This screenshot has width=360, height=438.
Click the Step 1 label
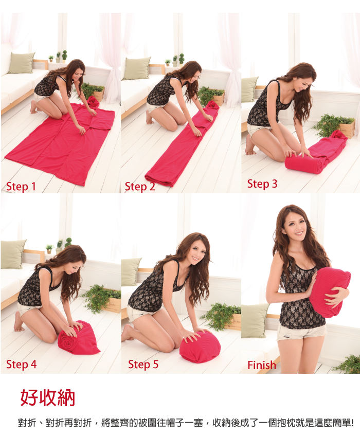(x=21, y=187)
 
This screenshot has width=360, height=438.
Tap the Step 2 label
(x=140, y=187)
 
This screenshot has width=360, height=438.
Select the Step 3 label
(x=262, y=184)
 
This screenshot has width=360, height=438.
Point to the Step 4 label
(x=21, y=364)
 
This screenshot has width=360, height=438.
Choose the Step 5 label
(x=143, y=364)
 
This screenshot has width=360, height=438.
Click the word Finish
(x=262, y=365)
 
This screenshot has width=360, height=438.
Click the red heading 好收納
(x=48, y=397)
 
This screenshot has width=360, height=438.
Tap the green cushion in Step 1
(x=22, y=63)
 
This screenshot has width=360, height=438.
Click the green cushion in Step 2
(x=137, y=68)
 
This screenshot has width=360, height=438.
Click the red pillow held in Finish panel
(x=330, y=292)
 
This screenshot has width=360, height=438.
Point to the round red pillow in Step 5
(x=200, y=346)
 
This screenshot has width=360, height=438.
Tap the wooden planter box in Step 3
(x=346, y=129)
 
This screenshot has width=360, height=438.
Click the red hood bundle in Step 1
(x=94, y=102)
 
